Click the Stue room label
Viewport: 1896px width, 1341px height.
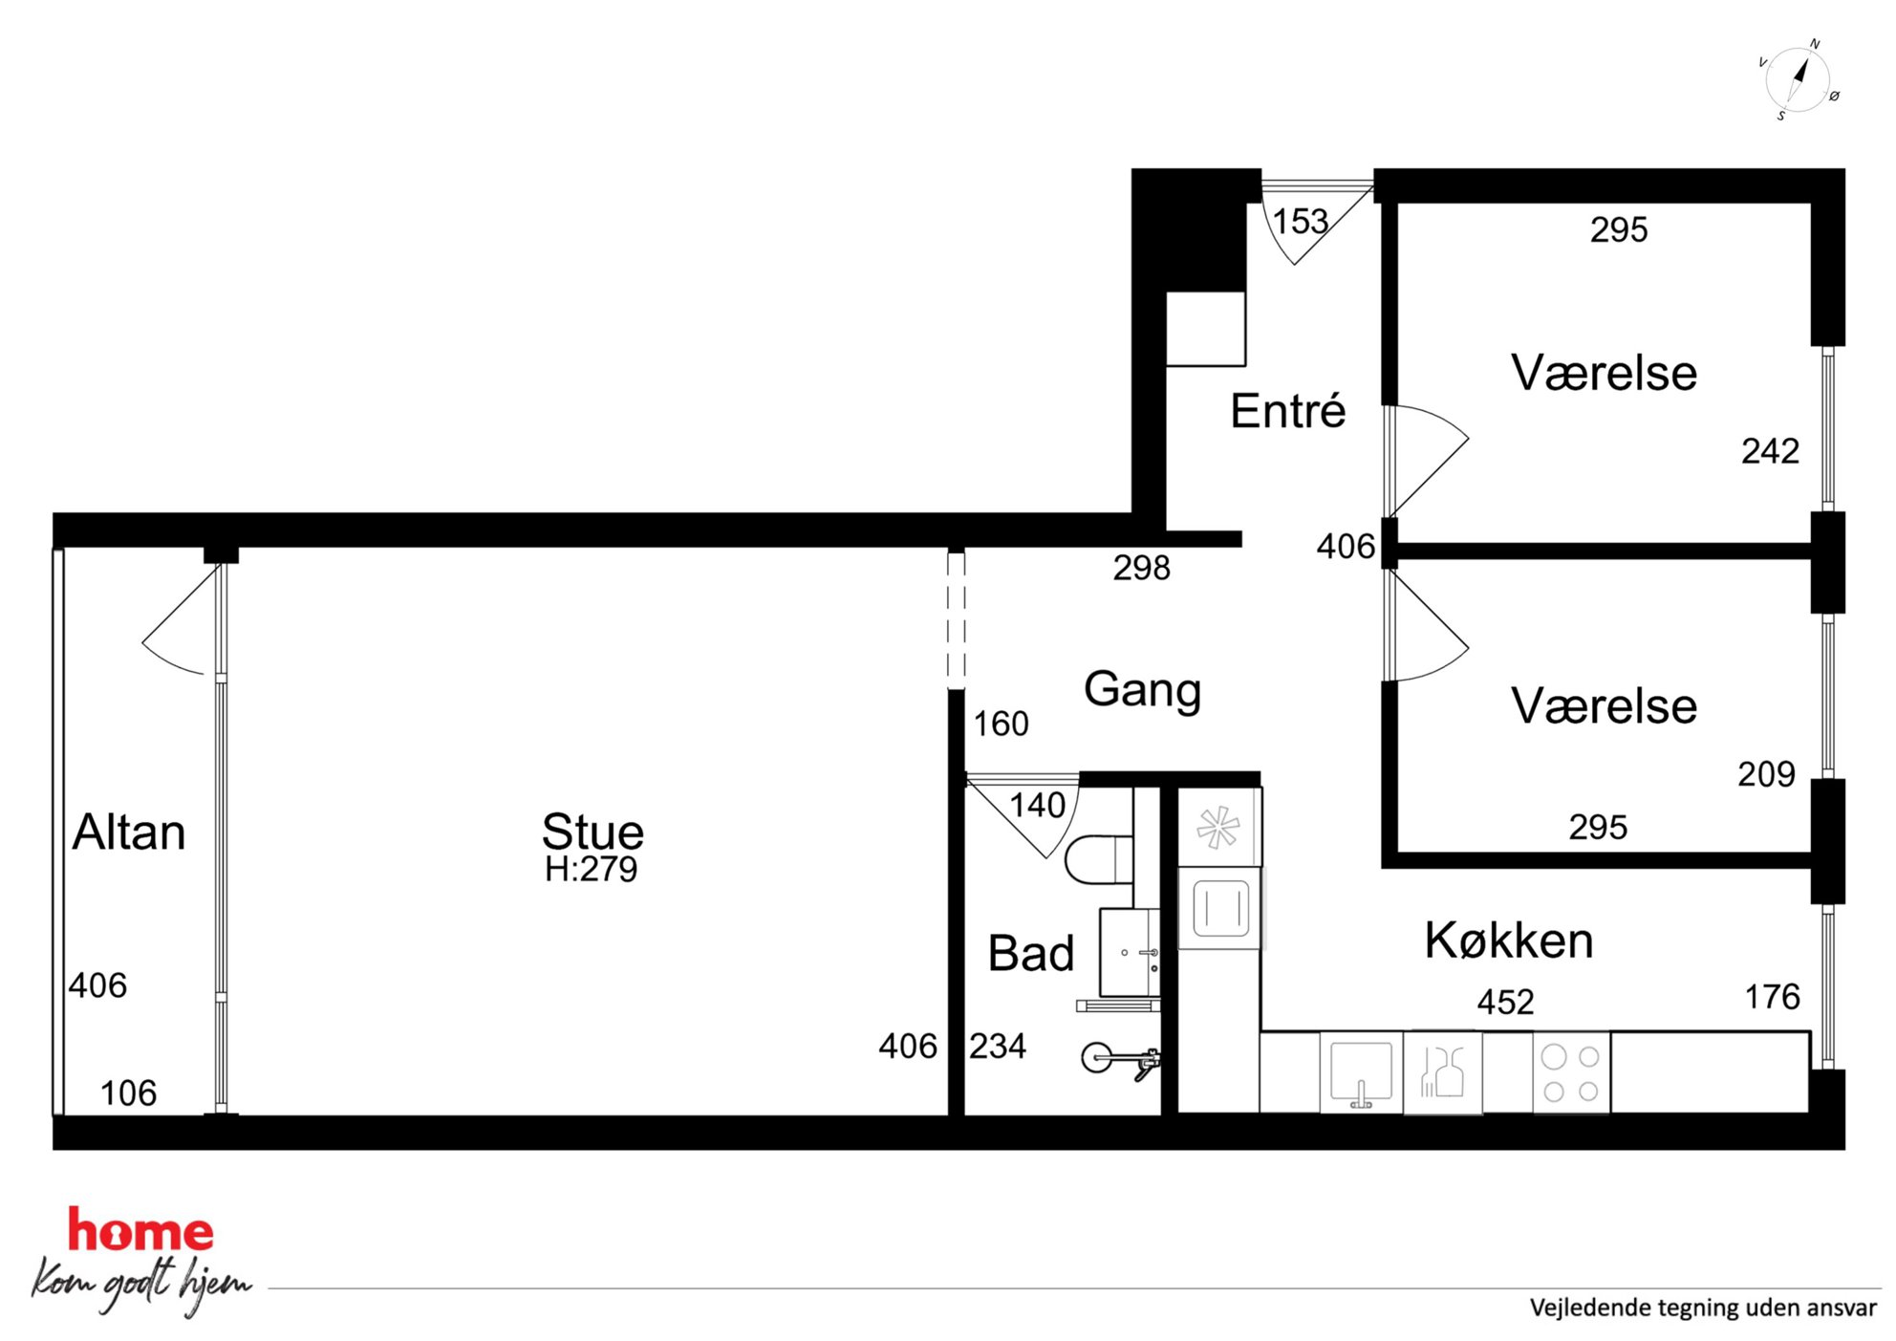[x=592, y=832]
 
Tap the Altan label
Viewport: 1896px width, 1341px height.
[x=129, y=832]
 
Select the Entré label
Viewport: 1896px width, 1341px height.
[x=1287, y=410]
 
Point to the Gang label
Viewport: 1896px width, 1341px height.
[x=1142, y=690]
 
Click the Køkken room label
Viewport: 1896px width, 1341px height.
[x=1509, y=941]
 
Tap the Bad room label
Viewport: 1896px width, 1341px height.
[x=1031, y=953]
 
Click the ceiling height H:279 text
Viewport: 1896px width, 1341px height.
[x=591, y=869]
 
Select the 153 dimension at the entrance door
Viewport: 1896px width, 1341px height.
[x=1300, y=222]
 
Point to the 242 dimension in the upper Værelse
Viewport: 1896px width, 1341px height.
[x=1770, y=451]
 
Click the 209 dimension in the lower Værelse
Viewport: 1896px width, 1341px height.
[x=1766, y=774]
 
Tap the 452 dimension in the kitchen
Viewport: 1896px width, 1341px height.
[x=1505, y=1002]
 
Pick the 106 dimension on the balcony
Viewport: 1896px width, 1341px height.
[x=128, y=1092]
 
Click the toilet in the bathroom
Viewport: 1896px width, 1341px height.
[x=1099, y=858]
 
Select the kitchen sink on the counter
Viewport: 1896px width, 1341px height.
[x=1362, y=1072]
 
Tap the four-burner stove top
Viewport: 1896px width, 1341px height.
[x=1571, y=1072]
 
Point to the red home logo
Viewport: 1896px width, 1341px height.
[x=140, y=1231]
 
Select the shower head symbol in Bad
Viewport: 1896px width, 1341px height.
[x=1119, y=1059]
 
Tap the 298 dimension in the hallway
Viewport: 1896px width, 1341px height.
[x=1141, y=568]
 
